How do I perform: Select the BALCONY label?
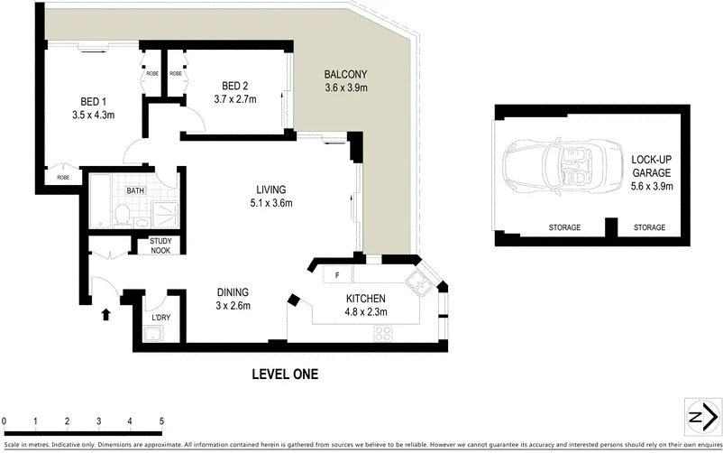click(346, 75)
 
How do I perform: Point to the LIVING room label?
click(270, 190)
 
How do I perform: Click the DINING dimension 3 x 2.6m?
click(232, 305)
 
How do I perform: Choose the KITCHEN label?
click(366, 299)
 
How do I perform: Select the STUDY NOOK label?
click(160, 245)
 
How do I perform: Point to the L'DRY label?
click(161, 318)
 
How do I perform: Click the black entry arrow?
click(106, 314)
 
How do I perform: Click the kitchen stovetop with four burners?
click(382, 331)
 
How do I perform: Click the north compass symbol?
click(697, 417)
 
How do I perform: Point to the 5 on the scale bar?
click(161, 421)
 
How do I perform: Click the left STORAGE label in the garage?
click(564, 227)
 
